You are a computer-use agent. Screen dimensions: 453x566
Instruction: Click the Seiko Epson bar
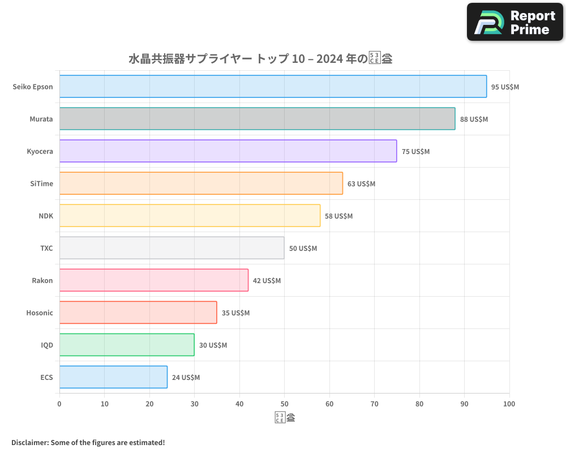273,87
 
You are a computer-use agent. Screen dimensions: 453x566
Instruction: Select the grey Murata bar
257,119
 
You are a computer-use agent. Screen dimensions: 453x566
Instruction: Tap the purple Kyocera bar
228,151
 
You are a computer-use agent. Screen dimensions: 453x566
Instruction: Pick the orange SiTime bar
201,183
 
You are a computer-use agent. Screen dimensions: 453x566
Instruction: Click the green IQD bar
127,345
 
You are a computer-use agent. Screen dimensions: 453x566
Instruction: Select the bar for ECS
113,377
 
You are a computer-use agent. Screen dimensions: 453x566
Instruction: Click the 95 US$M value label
505,87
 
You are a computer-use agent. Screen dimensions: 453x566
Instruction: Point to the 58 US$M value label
338,216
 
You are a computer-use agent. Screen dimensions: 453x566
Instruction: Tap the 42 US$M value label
267,281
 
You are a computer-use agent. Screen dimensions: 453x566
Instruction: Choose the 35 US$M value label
235,313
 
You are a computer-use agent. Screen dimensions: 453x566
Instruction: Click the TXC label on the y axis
46,249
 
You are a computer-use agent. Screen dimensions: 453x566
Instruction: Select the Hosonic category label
40,313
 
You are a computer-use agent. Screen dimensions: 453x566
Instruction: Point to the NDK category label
46,216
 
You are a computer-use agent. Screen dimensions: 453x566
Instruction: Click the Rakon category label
42,281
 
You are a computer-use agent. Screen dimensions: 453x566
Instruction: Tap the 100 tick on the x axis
509,404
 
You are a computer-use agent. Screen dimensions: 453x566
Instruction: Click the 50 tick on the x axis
284,404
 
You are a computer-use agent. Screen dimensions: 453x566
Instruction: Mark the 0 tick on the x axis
59,404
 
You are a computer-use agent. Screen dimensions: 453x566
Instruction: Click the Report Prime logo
515,22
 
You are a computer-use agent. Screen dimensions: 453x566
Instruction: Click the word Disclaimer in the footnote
29,442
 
